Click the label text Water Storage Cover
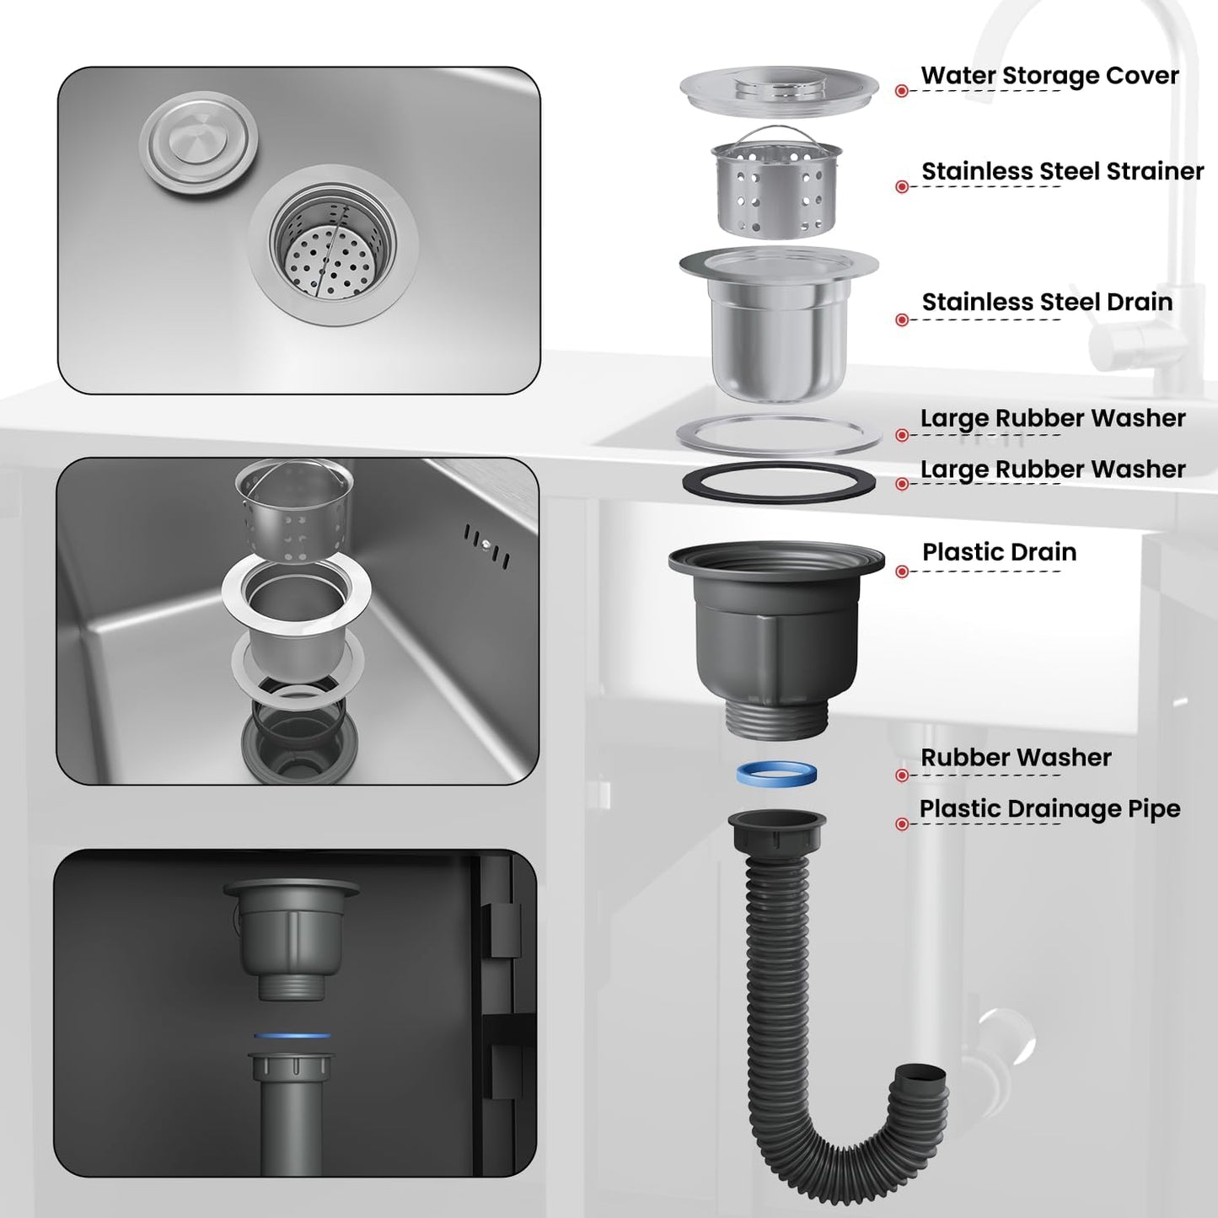1049,76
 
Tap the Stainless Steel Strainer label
1062,171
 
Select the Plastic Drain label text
999,552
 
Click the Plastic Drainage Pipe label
1049,809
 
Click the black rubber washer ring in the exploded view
778,482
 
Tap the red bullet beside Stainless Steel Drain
902,320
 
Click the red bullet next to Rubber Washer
902,775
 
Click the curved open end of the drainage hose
925,1076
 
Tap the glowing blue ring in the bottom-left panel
292,1035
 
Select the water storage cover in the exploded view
778,88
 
